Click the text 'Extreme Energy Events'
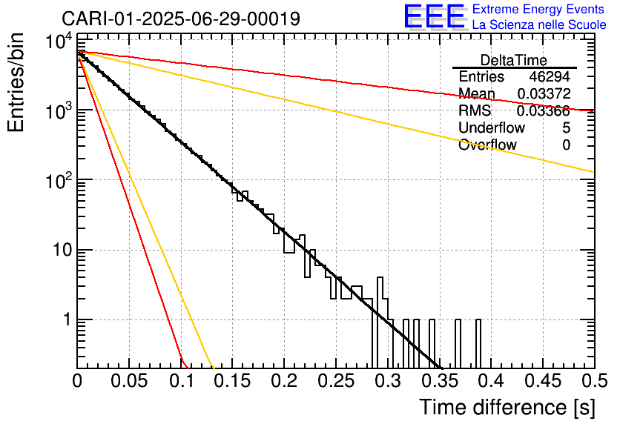539,10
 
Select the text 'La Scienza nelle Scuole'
539,25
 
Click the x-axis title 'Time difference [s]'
507,407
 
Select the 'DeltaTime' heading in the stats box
514,60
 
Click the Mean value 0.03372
544,93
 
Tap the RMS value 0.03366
544,111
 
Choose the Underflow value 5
566,128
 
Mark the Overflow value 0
566,145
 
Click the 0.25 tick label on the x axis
335,381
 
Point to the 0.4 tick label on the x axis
490,381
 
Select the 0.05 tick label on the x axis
129,381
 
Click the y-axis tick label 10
59,251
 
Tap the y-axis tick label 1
65,320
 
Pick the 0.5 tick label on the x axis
593,381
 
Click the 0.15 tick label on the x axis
232,381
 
